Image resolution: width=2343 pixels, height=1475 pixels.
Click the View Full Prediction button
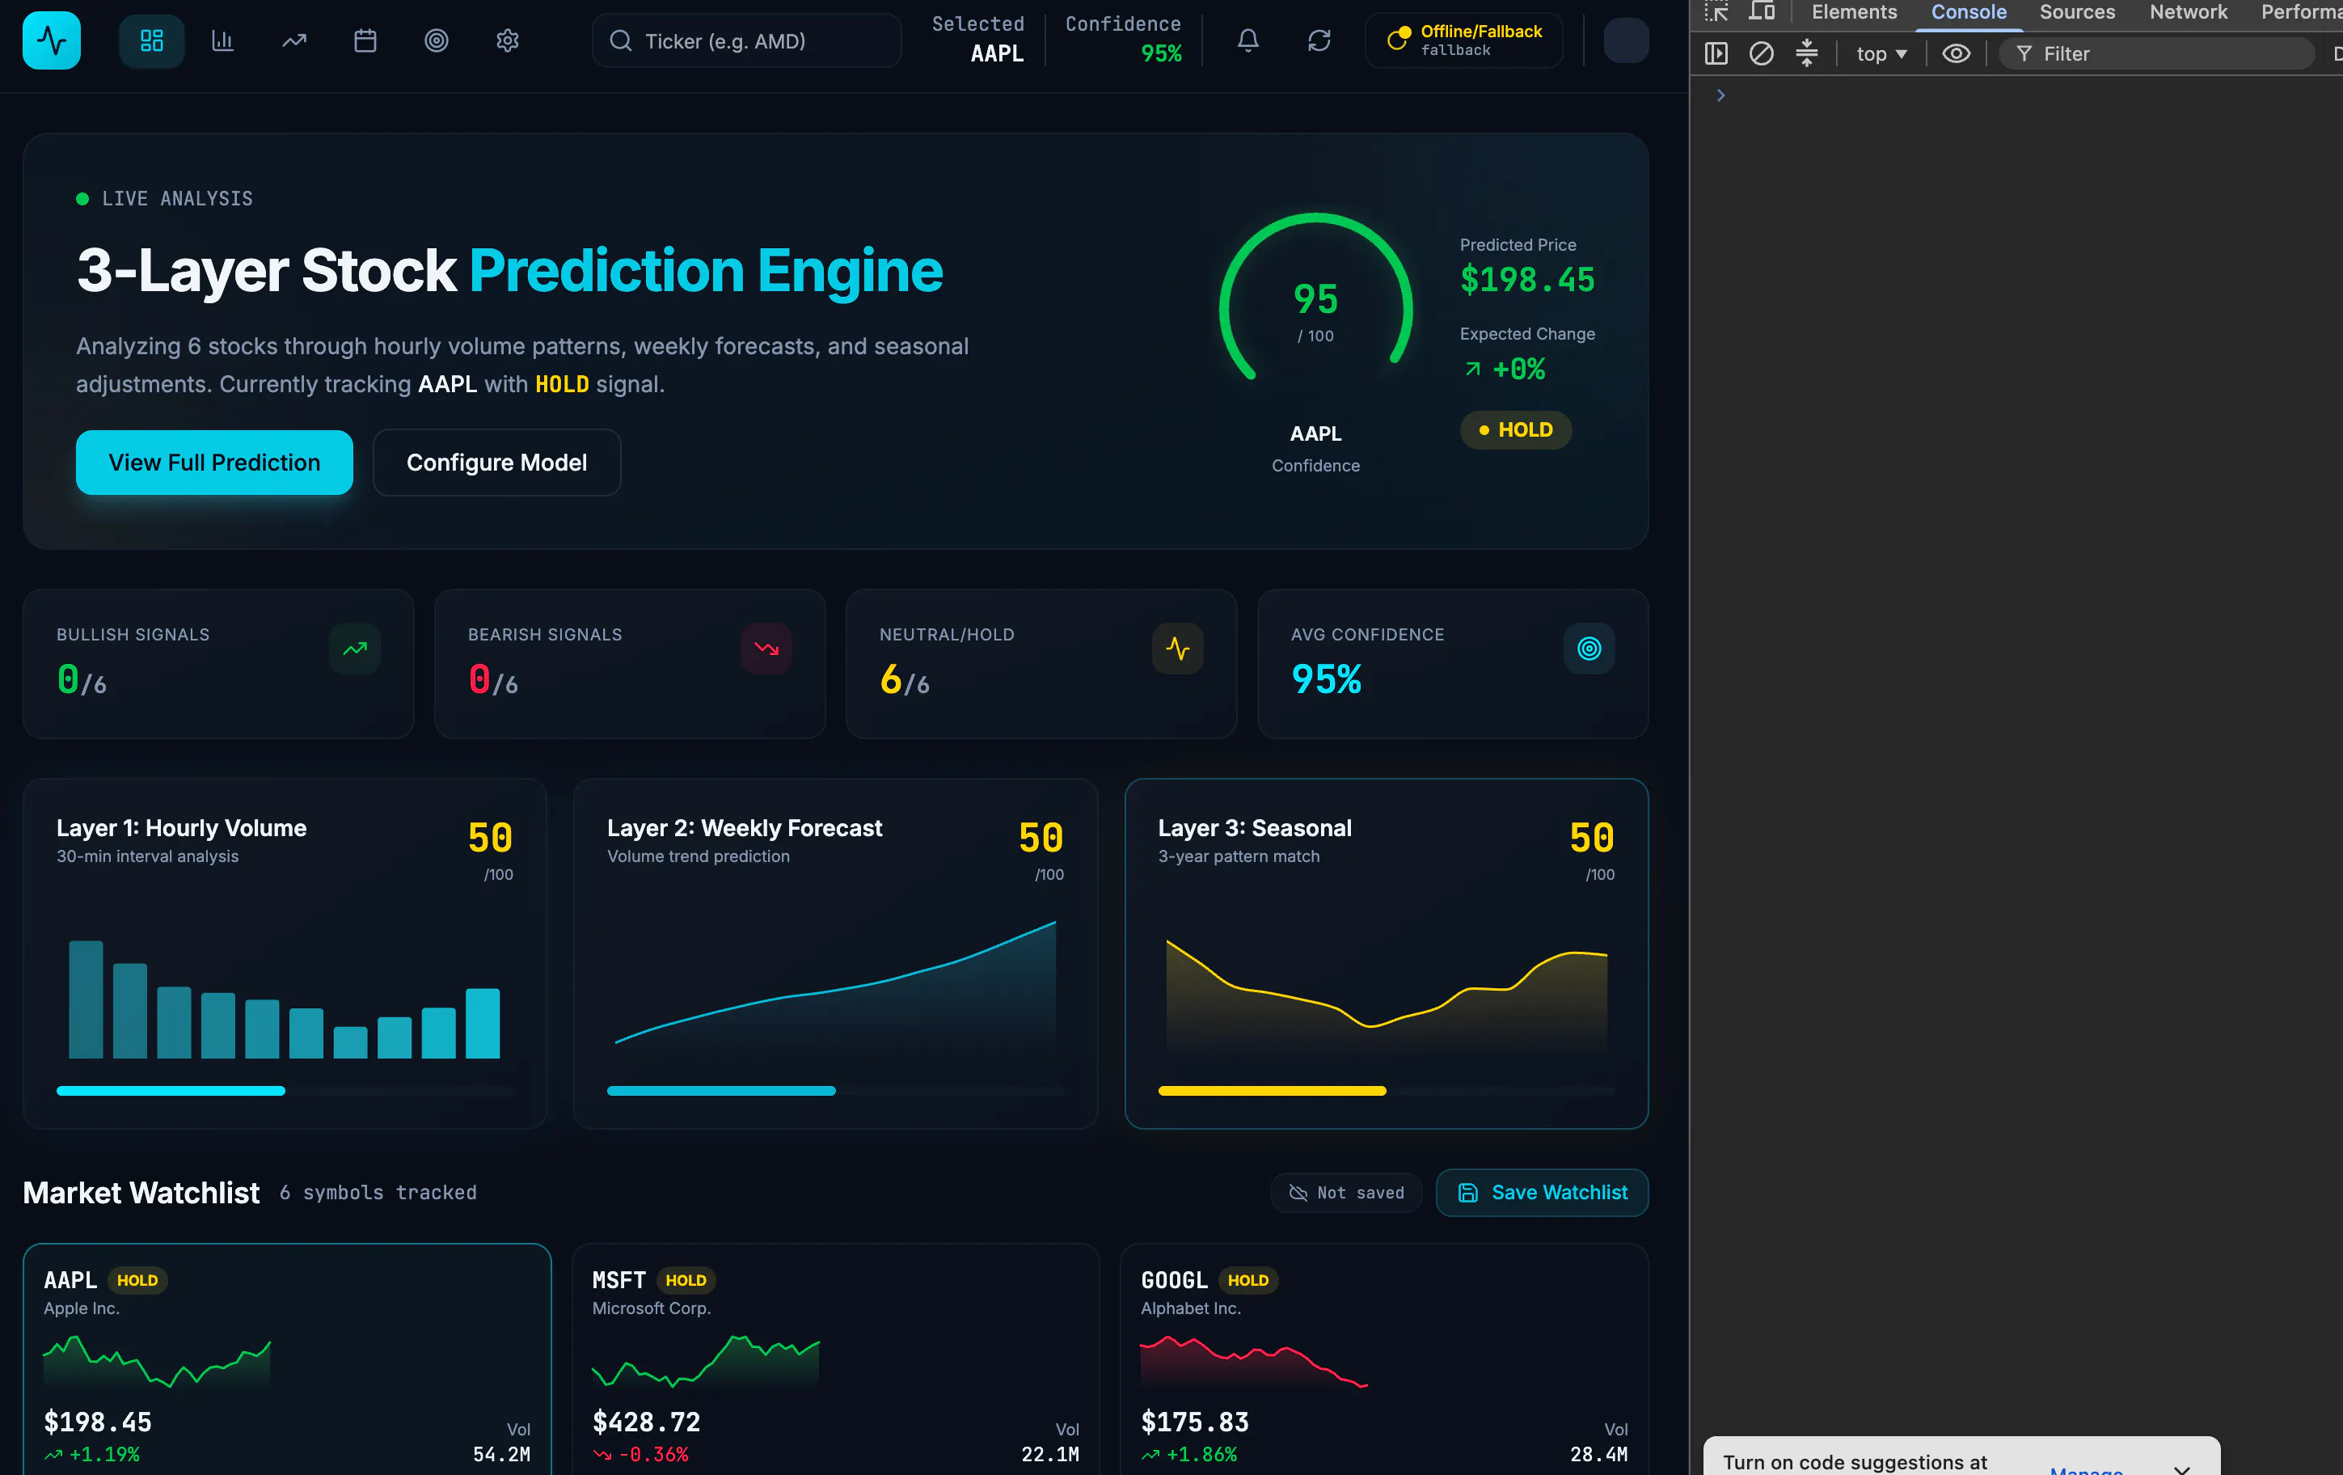[x=214, y=463]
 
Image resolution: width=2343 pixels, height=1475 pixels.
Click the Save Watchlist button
[x=1543, y=1192]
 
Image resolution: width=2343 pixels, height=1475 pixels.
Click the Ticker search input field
[x=746, y=41]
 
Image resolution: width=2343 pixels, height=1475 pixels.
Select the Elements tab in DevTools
[x=1854, y=11]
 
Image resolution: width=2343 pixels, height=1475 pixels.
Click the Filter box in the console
[x=2156, y=53]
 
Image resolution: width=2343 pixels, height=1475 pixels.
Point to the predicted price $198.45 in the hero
[x=1527, y=281]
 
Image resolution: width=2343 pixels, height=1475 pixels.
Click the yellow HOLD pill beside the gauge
[x=1515, y=430]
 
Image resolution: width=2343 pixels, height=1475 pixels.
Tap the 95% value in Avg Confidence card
[x=1326, y=679]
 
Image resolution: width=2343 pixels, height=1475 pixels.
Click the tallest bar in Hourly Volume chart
[x=86, y=1000]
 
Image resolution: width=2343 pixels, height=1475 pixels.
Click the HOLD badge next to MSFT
[x=686, y=1280]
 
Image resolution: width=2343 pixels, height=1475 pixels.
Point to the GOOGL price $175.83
[x=1195, y=1422]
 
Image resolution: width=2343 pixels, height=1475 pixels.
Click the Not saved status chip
[x=1347, y=1192]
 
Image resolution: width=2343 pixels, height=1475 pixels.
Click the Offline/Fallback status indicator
[x=1464, y=40]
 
